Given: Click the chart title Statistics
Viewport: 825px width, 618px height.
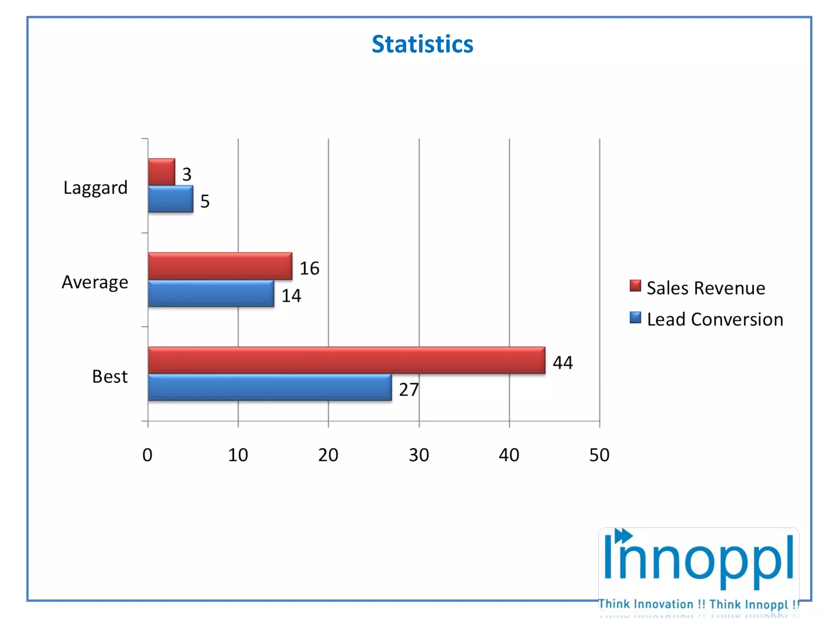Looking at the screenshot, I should coord(422,44).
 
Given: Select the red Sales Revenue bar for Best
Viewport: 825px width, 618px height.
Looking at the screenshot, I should coord(346,360).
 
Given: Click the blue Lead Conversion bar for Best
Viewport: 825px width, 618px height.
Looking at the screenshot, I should coord(269,387).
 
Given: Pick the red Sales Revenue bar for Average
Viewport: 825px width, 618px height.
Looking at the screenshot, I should coord(220,266).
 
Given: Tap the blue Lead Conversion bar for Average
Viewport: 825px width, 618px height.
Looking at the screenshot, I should coord(211,293).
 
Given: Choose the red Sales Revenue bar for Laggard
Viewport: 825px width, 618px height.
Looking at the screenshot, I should coord(161,172).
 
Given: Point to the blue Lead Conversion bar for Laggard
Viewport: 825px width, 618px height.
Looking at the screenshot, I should coord(170,199).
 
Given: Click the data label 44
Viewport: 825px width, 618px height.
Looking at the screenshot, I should coord(562,363).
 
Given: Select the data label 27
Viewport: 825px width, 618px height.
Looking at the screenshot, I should coord(408,389).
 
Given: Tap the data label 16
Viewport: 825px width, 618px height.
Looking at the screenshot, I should coord(309,268).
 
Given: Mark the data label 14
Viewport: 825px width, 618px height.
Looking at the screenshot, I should coord(291,296).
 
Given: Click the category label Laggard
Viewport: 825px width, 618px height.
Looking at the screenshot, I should coord(95,187).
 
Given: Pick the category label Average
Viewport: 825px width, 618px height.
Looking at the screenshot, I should coord(95,282).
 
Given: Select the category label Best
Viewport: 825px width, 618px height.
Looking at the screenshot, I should coord(110,377).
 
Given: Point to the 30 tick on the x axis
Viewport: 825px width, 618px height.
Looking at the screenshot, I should coord(419,455).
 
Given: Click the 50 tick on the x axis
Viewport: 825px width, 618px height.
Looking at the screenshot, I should coord(599,455).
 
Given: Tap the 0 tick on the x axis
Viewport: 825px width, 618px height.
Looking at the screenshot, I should coord(147,455).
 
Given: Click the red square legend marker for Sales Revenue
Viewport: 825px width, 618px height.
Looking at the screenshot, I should coord(635,286).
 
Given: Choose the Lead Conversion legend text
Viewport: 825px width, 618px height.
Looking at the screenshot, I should coord(715,319).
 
